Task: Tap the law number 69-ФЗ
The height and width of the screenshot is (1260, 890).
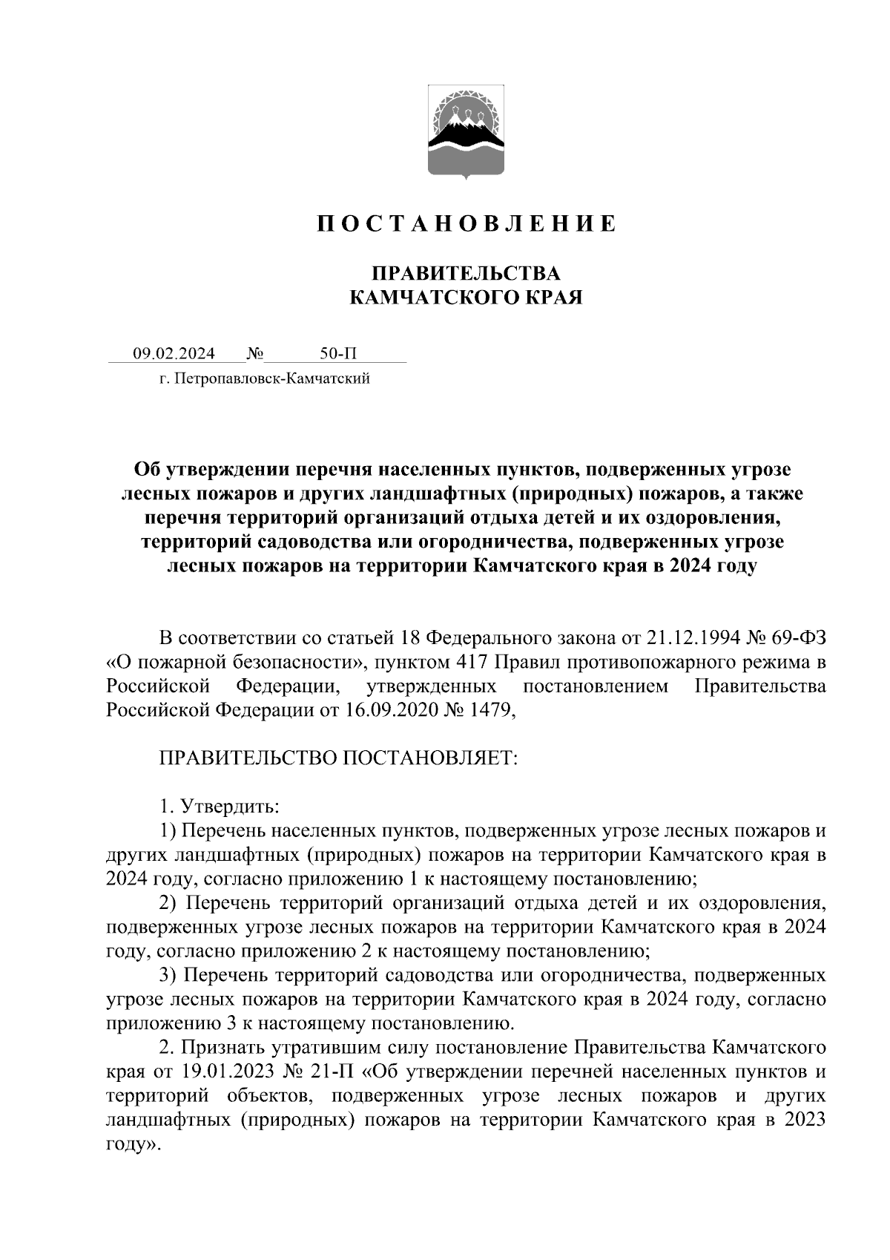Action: [795, 638]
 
